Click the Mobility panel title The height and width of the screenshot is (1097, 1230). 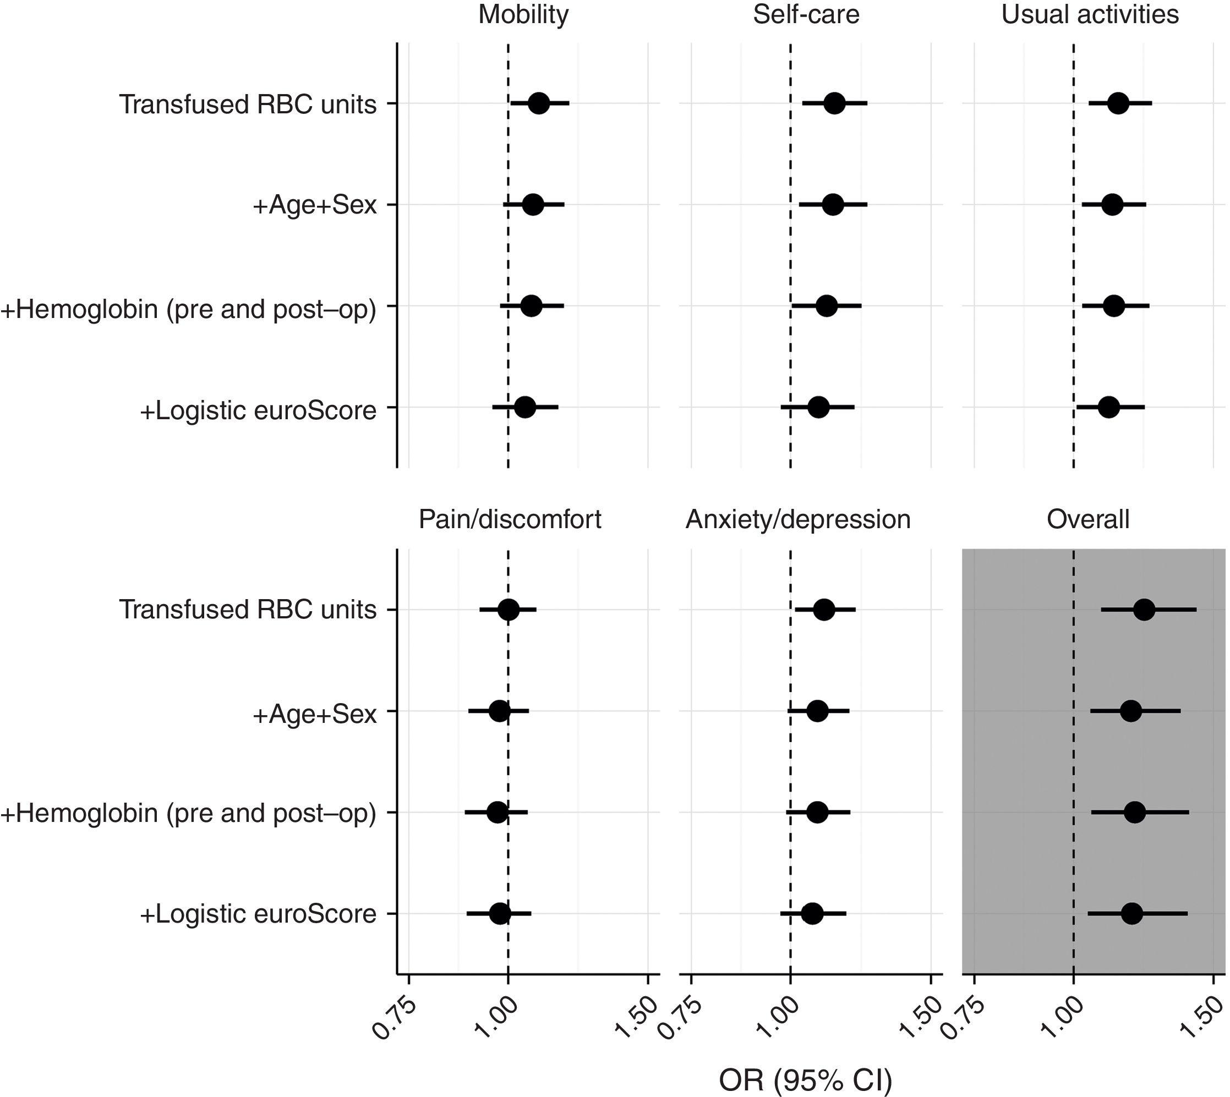click(x=523, y=14)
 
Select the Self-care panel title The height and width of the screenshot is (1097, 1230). click(x=806, y=14)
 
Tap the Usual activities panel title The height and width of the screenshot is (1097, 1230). click(x=1090, y=14)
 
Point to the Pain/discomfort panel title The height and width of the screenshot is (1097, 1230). click(x=510, y=519)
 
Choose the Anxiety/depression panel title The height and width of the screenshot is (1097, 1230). click(x=797, y=519)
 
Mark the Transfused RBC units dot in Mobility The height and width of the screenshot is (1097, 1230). click(x=538, y=103)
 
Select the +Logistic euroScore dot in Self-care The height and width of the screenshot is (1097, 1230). click(x=818, y=408)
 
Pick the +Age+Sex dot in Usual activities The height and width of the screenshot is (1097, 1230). click(x=1112, y=205)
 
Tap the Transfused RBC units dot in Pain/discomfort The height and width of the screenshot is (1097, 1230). click(x=509, y=610)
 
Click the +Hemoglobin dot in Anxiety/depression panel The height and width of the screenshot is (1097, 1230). click(x=817, y=813)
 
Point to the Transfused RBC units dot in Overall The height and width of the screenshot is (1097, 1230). click(x=1144, y=610)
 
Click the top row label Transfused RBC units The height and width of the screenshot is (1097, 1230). click(x=248, y=105)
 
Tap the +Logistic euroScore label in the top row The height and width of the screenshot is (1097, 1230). click(x=258, y=411)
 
